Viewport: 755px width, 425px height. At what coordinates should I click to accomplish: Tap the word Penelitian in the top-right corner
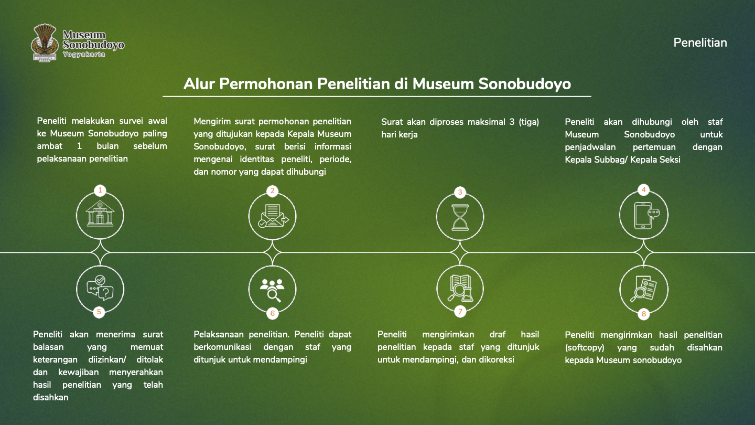click(x=700, y=42)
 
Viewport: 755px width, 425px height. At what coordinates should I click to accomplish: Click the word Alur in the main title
click(x=199, y=84)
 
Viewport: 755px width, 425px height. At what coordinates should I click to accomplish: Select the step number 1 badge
click(x=100, y=190)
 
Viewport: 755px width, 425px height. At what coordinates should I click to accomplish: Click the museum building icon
click(x=100, y=215)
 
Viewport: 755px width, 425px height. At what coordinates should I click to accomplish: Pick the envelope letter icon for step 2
click(x=272, y=216)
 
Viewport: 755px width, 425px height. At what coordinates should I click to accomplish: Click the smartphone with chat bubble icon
click(x=644, y=215)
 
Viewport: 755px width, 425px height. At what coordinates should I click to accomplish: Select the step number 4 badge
click(x=644, y=190)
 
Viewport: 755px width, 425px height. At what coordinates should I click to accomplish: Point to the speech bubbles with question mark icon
click(x=100, y=288)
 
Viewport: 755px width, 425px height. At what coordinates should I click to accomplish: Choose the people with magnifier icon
click(x=272, y=289)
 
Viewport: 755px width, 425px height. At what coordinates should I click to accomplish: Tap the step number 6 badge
click(x=272, y=314)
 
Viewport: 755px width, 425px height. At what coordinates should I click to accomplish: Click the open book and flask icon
click(x=460, y=288)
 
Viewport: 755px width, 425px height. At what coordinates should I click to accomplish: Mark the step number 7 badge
click(x=460, y=312)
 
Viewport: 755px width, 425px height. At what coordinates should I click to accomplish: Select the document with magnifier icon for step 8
click(x=644, y=289)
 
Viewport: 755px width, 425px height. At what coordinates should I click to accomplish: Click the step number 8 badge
click(x=644, y=314)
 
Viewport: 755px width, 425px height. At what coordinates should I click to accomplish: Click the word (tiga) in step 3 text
click(x=526, y=122)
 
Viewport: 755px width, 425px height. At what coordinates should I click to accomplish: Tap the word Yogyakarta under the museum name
click(x=84, y=55)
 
